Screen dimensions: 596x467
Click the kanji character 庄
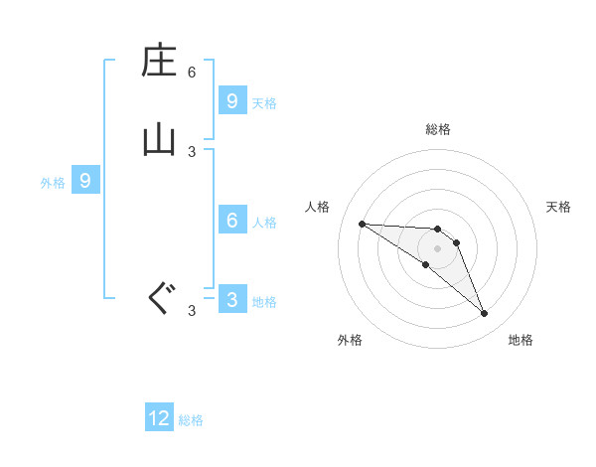[159, 62]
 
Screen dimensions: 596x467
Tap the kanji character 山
[159, 138]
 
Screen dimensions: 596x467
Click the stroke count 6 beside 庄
[192, 73]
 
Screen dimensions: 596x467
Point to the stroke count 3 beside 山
[192, 151]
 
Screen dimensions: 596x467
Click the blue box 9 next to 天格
[231, 100]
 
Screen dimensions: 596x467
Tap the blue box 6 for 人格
[231, 221]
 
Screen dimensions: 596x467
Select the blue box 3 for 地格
[231, 300]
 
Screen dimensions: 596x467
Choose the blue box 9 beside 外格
[85, 181]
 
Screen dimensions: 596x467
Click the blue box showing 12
[159, 418]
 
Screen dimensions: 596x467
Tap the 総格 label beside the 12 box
[191, 420]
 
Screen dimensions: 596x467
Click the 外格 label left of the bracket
[53, 183]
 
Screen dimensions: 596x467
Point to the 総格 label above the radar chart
[437, 129]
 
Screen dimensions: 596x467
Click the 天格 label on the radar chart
[558, 207]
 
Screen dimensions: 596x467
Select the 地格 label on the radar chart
[521, 340]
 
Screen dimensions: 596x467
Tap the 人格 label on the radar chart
[317, 207]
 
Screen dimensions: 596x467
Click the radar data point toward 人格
[362, 224]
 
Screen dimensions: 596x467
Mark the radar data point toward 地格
[485, 314]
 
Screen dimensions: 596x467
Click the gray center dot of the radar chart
[437, 248]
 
